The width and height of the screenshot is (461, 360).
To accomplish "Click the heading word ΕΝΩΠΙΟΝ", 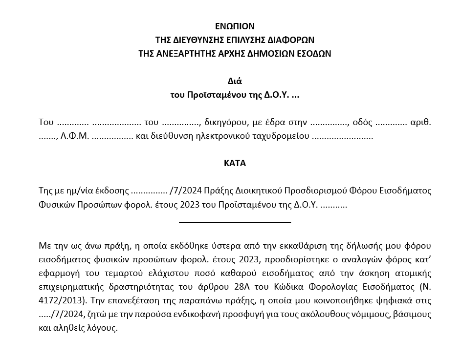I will (235, 26).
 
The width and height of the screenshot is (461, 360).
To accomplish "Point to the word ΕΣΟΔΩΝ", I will (311, 53).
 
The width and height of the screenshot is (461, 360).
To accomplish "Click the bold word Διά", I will (235, 81).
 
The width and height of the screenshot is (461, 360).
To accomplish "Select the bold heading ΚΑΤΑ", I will (235, 163).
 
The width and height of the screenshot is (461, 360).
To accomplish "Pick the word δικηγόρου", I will (223, 122).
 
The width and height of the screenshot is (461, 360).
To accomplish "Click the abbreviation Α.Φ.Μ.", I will (73, 136).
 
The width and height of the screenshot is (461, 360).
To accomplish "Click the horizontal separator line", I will (235, 223).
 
